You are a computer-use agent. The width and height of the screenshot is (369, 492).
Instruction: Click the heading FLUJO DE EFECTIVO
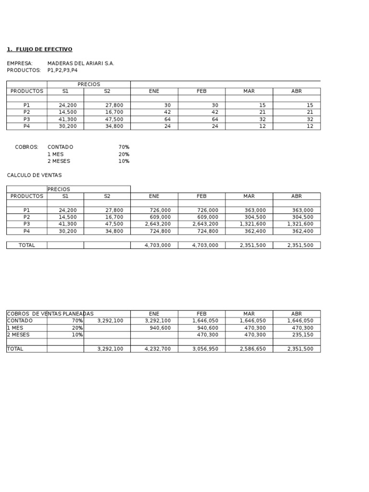tap(44, 49)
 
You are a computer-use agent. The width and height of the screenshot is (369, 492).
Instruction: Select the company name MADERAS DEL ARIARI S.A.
tap(81, 63)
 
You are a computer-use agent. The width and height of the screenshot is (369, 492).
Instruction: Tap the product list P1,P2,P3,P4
tap(62, 70)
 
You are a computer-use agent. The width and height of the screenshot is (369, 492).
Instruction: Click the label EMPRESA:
tap(20, 63)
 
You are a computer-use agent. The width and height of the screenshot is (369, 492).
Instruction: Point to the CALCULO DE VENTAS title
tap(34, 175)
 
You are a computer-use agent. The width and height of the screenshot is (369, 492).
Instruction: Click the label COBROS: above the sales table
tap(26, 147)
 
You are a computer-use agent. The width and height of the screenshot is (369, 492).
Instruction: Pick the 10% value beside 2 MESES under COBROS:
tap(124, 161)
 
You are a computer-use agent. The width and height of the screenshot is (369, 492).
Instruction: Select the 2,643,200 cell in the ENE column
tap(158, 224)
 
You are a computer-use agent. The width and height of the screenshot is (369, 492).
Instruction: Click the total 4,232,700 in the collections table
tap(158, 349)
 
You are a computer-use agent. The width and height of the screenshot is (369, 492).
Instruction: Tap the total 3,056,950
tap(205, 349)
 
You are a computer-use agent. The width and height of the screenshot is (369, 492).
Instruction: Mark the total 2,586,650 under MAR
tap(253, 349)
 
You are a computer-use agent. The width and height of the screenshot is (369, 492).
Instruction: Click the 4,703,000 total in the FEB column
tap(205, 245)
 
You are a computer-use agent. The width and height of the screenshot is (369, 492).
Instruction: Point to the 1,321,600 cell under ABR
tap(300, 224)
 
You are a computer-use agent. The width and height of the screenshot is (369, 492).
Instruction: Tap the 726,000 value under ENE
tap(160, 210)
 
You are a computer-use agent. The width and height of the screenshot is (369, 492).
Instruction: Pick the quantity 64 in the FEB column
tap(215, 119)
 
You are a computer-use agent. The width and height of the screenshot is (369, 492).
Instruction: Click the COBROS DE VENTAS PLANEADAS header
tap(50, 314)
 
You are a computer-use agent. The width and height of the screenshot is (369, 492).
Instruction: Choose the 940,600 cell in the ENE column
tap(160, 328)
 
